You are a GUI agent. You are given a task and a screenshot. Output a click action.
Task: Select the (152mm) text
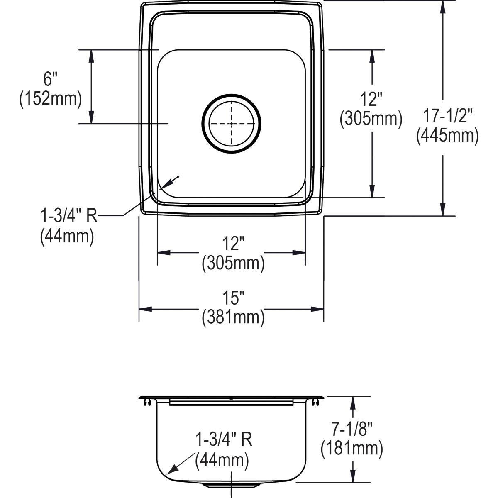point(50,99)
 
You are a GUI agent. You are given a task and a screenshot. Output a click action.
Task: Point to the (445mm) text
point(448,135)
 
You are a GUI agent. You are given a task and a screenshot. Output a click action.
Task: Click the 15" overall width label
point(233,298)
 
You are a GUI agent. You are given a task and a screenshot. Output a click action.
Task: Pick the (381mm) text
point(233,317)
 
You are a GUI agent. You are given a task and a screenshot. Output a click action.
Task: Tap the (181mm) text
point(352,449)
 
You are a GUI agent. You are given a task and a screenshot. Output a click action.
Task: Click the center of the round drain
point(232,123)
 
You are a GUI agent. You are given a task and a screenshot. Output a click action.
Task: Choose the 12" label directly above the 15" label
point(233,244)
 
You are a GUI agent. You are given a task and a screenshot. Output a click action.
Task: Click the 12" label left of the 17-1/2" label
point(371,99)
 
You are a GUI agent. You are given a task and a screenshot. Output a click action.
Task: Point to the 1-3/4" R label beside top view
point(68,216)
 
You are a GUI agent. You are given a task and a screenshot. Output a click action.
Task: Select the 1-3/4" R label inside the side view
point(224,439)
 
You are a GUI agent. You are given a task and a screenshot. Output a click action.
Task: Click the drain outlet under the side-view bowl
point(231,484)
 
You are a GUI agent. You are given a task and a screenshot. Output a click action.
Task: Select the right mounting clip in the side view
point(317,401)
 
